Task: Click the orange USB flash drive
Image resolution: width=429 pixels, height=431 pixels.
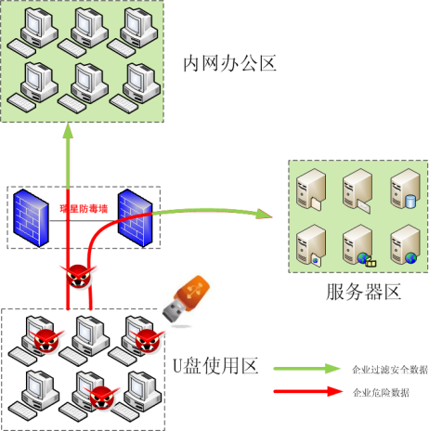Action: [x=187, y=299]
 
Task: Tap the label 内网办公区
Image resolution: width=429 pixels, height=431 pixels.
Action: [x=229, y=64]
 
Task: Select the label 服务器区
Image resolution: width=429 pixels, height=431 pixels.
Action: [x=363, y=292]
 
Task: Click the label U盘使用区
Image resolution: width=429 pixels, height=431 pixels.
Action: [x=215, y=366]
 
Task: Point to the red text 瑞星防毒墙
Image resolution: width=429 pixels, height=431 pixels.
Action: [x=84, y=209]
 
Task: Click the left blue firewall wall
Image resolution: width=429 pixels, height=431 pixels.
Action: [x=31, y=217]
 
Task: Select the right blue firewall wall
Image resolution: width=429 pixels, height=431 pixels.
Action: [x=136, y=217]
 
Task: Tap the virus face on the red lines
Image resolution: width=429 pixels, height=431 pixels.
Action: [x=79, y=276]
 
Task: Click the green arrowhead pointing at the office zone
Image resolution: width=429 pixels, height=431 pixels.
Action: [x=68, y=130]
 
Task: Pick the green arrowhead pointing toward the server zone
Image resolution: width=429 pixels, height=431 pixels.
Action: [x=264, y=214]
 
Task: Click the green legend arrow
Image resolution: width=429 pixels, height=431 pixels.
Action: [x=307, y=369]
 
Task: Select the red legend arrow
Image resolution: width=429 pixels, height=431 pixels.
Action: [x=308, y=391]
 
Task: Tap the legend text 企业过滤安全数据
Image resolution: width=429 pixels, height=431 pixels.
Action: [x=390, y=370]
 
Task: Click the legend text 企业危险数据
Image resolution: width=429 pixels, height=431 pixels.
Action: [x=381, y=393]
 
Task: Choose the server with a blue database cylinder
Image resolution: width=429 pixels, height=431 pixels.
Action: [x=405, y=189]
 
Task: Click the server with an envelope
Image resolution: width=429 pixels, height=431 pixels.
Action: [x=357, y=190]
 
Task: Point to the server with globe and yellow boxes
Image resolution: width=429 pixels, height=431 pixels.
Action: [x=358, y=245]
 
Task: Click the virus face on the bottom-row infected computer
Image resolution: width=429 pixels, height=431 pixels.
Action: [x=101, y=398]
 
